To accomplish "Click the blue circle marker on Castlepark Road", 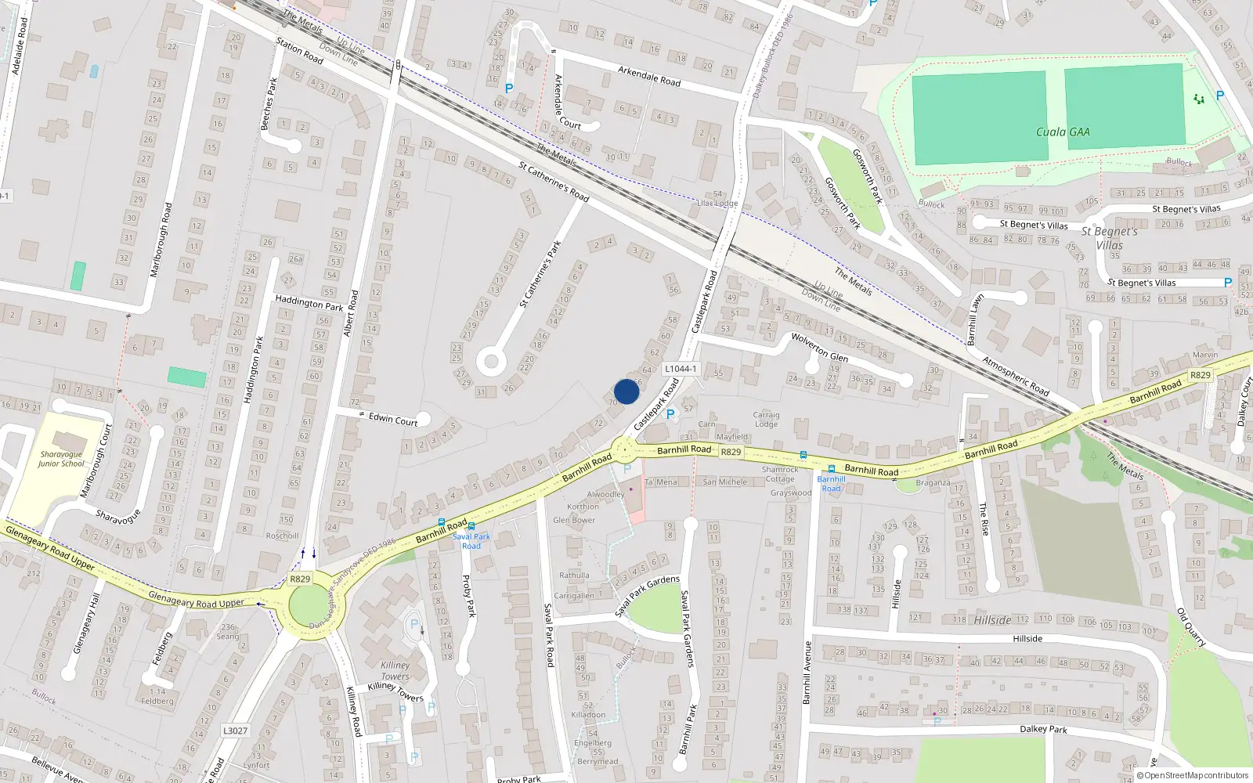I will pyautogui.click(x=626, y=391).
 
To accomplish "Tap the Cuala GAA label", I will pyautogui.click(x=1063, y=132).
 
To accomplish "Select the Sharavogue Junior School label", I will pyautogui.click(x=60, y=459).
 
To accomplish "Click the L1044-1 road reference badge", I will pyautogui.click(x=680, y=369).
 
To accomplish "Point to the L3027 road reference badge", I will pyautogui.click(x=235, y=731).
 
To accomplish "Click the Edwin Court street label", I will pyautogui.click(x=393, y=419).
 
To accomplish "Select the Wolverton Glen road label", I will pyautogui.click(x=819, y=347).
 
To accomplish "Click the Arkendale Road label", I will pyautogui.click(x=649, y=76).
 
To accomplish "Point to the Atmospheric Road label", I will pyautogui.click(x=1016, y=376).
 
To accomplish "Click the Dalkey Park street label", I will pyautogui.click(x=1043, y=729).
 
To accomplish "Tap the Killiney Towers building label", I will pyautogui.click(x=395, y=670).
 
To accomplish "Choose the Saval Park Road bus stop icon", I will pyautogui.click(x=471, y=526).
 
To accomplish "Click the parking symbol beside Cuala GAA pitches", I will pyautogui.click(x=1219, y=96).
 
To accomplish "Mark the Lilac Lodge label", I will pyautogui.click(x=717, y=203).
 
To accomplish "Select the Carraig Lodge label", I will pyautogui.click(x=766, y=420).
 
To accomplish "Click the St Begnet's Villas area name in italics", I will pyautogui.click(x=1109, y=238).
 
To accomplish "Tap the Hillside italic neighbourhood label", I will pyautogui.click(x=992, y=620).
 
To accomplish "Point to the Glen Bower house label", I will pyautogui.click(x=574, y=520).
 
